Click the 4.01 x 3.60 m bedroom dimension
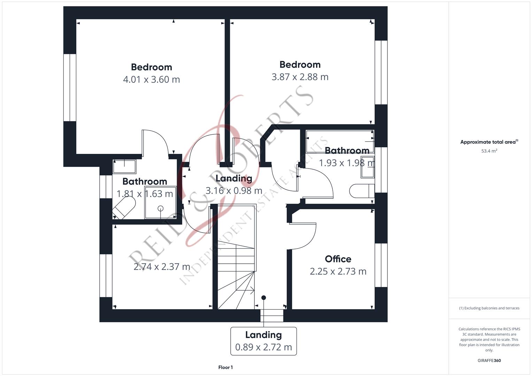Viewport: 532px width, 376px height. tap(151, 79)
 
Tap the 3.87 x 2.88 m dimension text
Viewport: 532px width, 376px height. tap(300, 77)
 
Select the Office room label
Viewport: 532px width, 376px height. tap(338, 259)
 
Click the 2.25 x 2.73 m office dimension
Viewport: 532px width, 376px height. tap(338, 271)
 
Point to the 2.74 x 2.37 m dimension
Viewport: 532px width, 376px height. tap(162, 267)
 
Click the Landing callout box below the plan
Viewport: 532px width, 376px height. tap(263, 341)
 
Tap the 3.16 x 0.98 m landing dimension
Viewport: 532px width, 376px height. tap(234, 191)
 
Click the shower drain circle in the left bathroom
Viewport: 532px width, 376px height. tap(160, 209)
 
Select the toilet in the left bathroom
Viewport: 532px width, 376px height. tap(124, 208)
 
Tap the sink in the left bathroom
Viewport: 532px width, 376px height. tap(124, 166)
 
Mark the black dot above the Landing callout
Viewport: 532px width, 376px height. tap(264, 298)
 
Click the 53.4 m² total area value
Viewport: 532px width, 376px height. tap(489, 151)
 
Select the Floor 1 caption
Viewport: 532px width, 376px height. tap(225, 367)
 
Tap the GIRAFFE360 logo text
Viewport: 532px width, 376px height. tap(489, 360)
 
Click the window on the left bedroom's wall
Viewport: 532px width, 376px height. tap(70, 87)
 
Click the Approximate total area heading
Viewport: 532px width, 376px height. tap(489, 142)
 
